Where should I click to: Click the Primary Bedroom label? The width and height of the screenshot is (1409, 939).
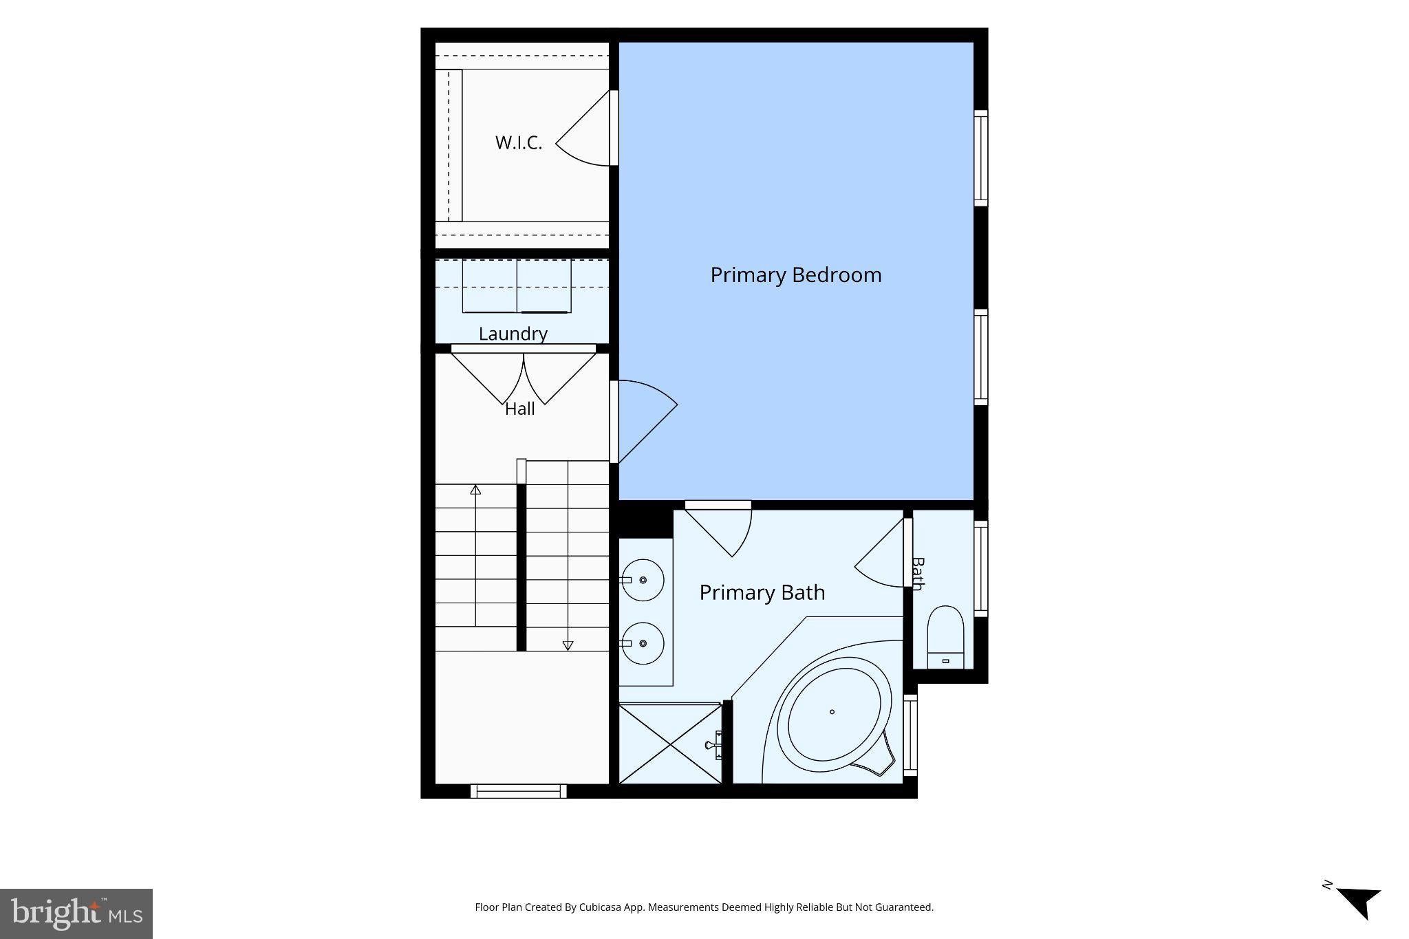(x=796, y=275)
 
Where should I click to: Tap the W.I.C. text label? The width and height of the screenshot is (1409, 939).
(x=519, y=143)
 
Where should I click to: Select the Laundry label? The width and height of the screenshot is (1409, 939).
(x=513, y=334)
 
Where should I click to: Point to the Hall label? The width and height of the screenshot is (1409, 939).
(x=520, y=409)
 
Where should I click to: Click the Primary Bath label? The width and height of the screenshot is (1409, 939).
(x=762, y=592)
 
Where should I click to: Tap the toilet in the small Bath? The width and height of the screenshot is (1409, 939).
(x=945, y=637)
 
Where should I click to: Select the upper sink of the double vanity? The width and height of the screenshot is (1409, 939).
(x=643, y=580)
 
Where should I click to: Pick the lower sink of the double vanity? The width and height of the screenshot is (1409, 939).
(x=643, y=643)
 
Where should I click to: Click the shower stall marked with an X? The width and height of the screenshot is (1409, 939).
(x=670, y=743)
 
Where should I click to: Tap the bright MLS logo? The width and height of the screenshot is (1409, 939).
(x=76, y=914)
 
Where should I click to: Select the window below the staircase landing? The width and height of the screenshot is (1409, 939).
(x=519, y=791)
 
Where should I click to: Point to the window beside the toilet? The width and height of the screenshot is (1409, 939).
(x=981, y=568)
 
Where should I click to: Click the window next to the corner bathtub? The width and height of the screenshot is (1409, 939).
(x=910, y=735)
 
